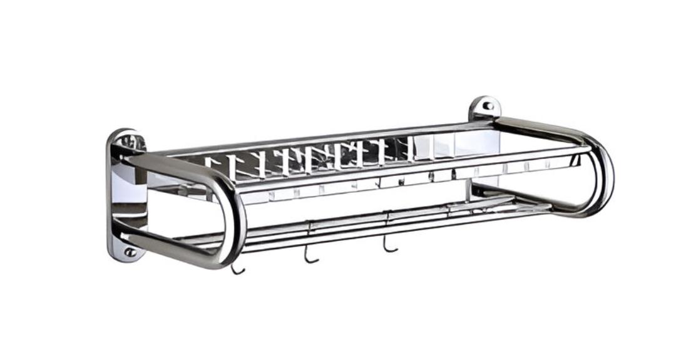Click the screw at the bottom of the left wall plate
130,252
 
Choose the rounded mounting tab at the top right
484,107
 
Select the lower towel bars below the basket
376,219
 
